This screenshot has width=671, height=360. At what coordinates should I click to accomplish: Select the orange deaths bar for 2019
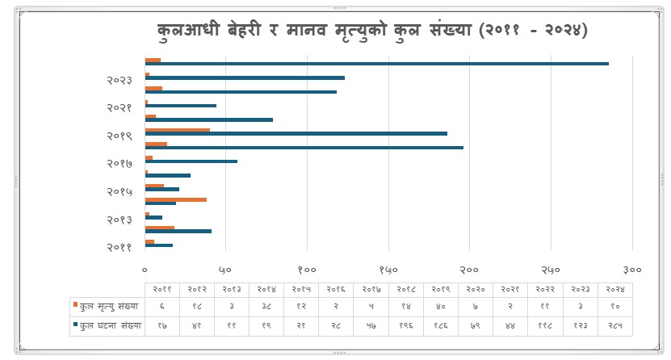[x=177, y=130]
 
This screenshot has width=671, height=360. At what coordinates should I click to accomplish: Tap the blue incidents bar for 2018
[x=304, y=148]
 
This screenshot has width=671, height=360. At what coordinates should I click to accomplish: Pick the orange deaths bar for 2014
[x=175, y=199]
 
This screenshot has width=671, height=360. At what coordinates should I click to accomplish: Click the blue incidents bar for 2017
[x=191, y=161]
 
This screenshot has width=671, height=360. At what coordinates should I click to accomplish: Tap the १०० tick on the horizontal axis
[x=307, y=269]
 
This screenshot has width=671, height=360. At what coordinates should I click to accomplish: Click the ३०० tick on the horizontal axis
[x=632, y=269]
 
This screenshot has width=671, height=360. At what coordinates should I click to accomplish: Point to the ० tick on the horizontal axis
[x=145, y=269]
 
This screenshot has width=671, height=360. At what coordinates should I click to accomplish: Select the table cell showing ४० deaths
[x=441, y=307]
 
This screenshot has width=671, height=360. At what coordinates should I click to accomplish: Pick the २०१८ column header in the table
[x=406, y=289]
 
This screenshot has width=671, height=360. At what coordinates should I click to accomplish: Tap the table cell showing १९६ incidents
[x=406, y=326]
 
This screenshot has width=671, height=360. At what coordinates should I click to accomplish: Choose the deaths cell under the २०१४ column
[x=267, y=307]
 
